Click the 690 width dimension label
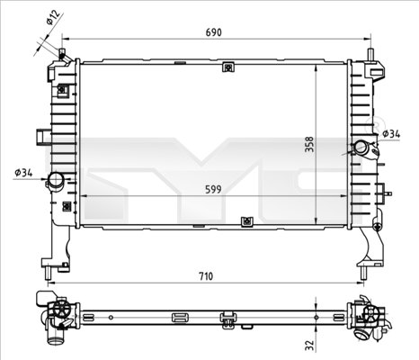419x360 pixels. click(213, 32)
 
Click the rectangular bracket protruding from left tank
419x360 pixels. click(41, 136)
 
